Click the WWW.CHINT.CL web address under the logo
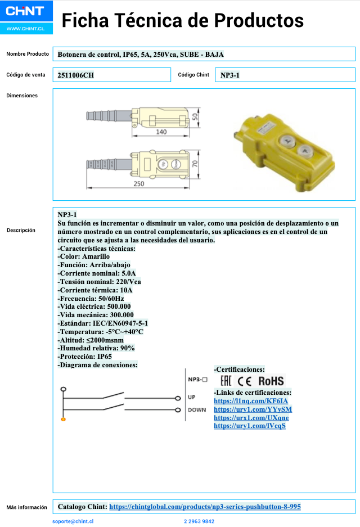pos(26,28)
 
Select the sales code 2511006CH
pos(75,75)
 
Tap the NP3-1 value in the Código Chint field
pos(229,75)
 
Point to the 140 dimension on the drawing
pos(163,133)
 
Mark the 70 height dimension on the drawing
pos(195,164)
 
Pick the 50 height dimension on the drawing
pos(195,117)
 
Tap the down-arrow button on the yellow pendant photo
pos(304,151)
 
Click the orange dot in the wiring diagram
pos(64,420)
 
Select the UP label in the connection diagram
pos(192,397)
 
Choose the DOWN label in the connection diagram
pos(197,409)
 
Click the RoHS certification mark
pos(271,381)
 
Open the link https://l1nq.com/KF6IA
pos(251,401)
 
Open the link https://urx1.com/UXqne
pos(251,417)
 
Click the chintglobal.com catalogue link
pos(205,507)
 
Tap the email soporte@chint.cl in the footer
pos(73,521)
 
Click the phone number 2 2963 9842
pos(199,521)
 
